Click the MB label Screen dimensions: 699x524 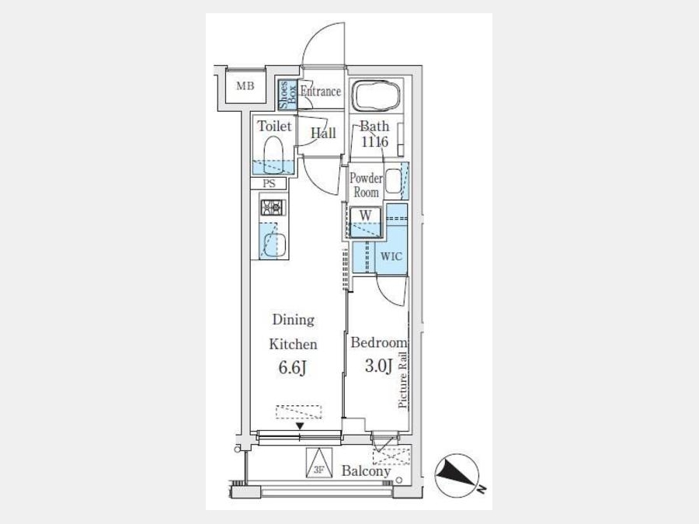(245, 86)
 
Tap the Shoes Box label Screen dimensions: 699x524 (287, 95)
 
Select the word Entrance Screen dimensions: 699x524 (321, 92)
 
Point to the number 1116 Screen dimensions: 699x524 (374, 142)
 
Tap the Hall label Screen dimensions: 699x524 (323, 134)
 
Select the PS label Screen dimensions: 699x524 (269, 183)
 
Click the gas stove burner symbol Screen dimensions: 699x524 (273, 207)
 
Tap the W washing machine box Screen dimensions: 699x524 (365, 222)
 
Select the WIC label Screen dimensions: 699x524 (391, 257)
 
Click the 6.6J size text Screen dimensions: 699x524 (293, 368)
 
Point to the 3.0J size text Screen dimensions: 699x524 (378, 366)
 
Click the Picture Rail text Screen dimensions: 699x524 (403, 380)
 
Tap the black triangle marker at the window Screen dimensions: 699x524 (300, 426)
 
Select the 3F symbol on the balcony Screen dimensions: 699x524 (319, 463)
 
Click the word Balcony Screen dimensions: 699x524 (366, 471)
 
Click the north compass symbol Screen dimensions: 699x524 (457, 476)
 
